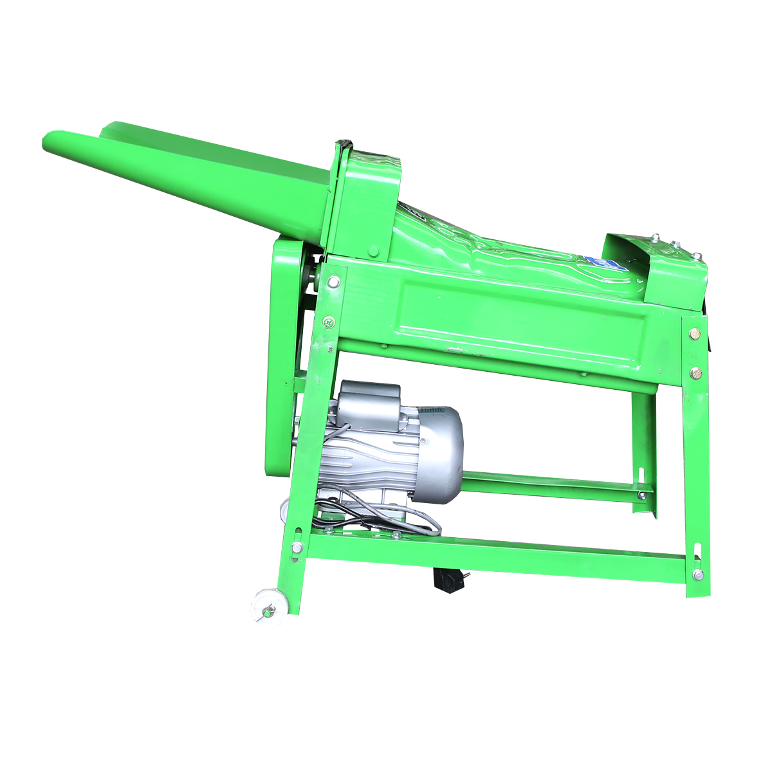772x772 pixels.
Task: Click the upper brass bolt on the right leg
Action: pos(694,333)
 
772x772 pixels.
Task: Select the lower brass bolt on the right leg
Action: pos(695,372)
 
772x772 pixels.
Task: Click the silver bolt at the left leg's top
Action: pos(333,282)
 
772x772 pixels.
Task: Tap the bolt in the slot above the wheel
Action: pos(297,547)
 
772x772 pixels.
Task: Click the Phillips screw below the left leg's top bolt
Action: pos(328,319)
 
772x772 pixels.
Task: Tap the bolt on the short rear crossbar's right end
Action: pos(641,494)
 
